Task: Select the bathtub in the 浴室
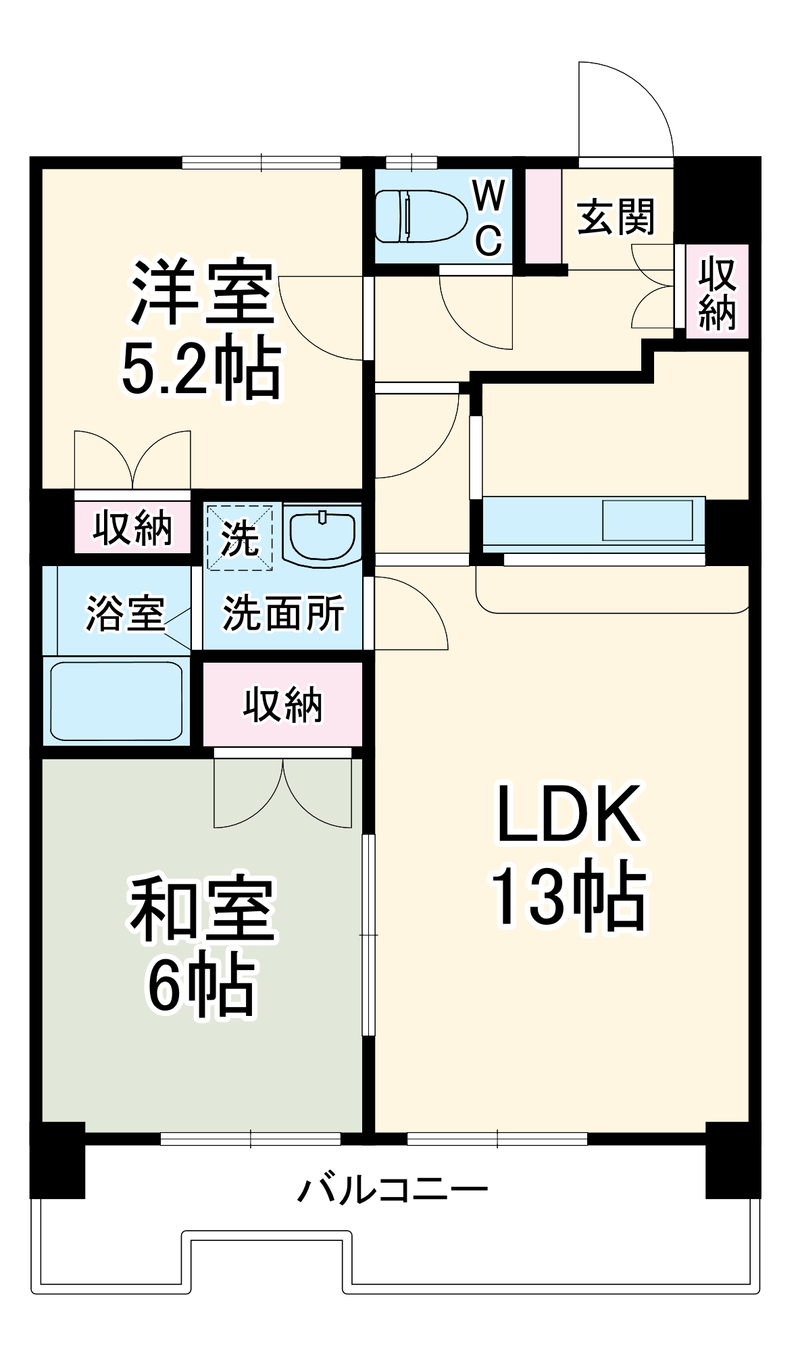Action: point(116,700)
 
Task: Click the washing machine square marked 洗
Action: point(240,538)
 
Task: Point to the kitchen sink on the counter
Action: point(647,520)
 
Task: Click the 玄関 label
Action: point(616,217)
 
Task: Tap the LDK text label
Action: point(568,814)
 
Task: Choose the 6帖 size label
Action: point(202,986)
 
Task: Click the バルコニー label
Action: point(393,1190)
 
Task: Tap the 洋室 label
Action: point(202,292)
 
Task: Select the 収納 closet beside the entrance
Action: point(717,292)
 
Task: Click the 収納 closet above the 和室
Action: point(283,705)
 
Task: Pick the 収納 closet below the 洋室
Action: point(132,528)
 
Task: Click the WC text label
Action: point(489,217)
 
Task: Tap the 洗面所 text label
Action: point(283,613)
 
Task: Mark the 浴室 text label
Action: point(126,613)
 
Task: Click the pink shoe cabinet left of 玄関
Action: point(543,216)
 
